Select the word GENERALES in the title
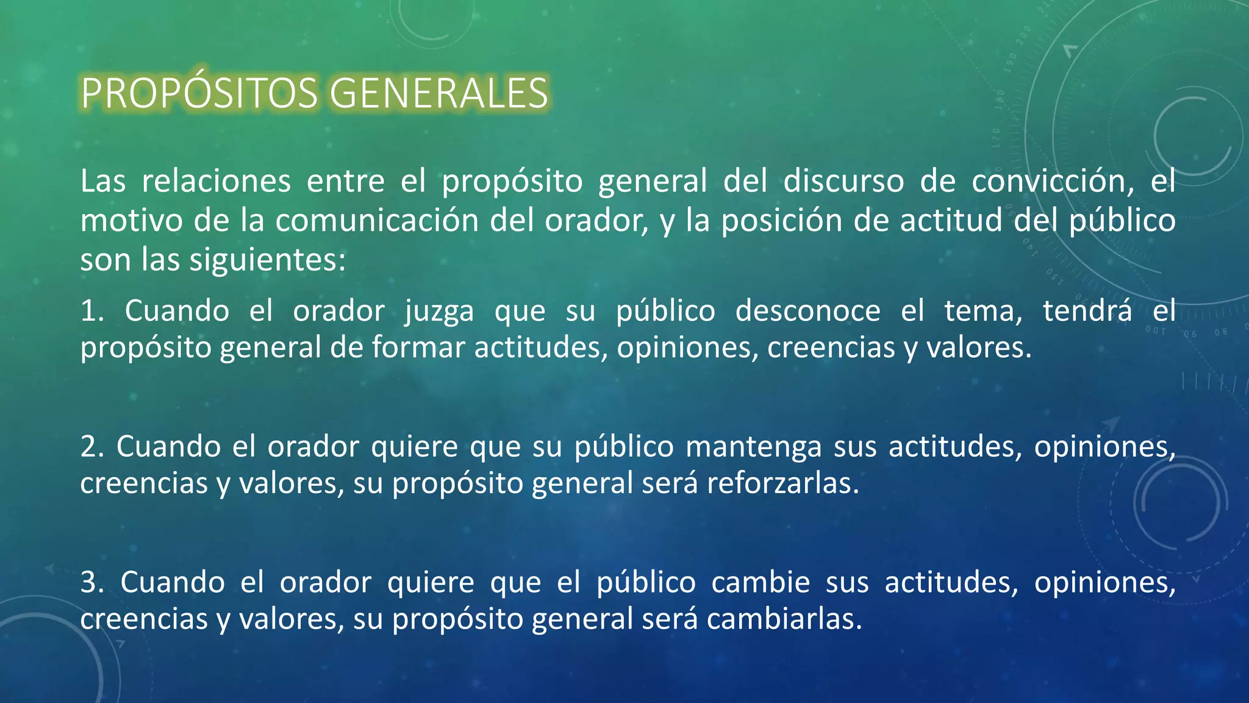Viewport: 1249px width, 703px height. [x=438, y=93]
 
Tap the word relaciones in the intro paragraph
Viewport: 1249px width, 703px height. [x=217, y=181]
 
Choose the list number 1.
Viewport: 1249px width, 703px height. [x=91, y=311]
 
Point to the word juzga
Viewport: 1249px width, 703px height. [x=439, y=312]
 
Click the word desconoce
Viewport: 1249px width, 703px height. [x=807, y=311]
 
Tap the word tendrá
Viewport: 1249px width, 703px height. [x=1087, y=311]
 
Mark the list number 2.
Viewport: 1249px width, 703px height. [x=91, y=447]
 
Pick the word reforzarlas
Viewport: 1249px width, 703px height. [x=782, y=483]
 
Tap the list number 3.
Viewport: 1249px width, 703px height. [x=91, y=582]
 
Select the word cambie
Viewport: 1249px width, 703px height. [x=760, y=582]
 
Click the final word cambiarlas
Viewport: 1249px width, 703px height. [x=784, y=619]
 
